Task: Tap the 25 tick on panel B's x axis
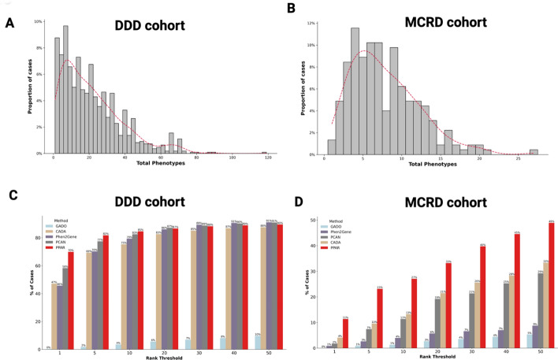pyautogui.click(x=518, y=158)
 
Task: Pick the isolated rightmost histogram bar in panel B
pyautogui.click(x=534, y=151)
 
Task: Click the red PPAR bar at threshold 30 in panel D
pyautogui.click(x=482, y=297)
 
